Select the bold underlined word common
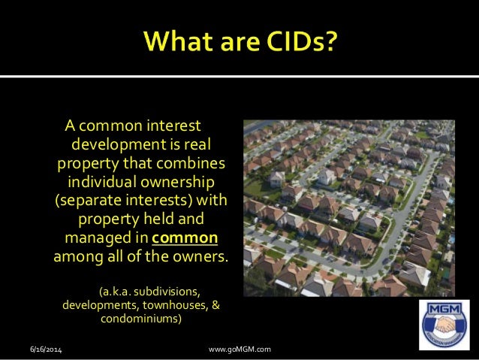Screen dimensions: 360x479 (185, 239)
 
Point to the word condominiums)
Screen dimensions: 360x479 (140, 319)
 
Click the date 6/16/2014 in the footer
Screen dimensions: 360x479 (47, 350)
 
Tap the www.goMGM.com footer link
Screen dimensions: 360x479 (239, 350)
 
